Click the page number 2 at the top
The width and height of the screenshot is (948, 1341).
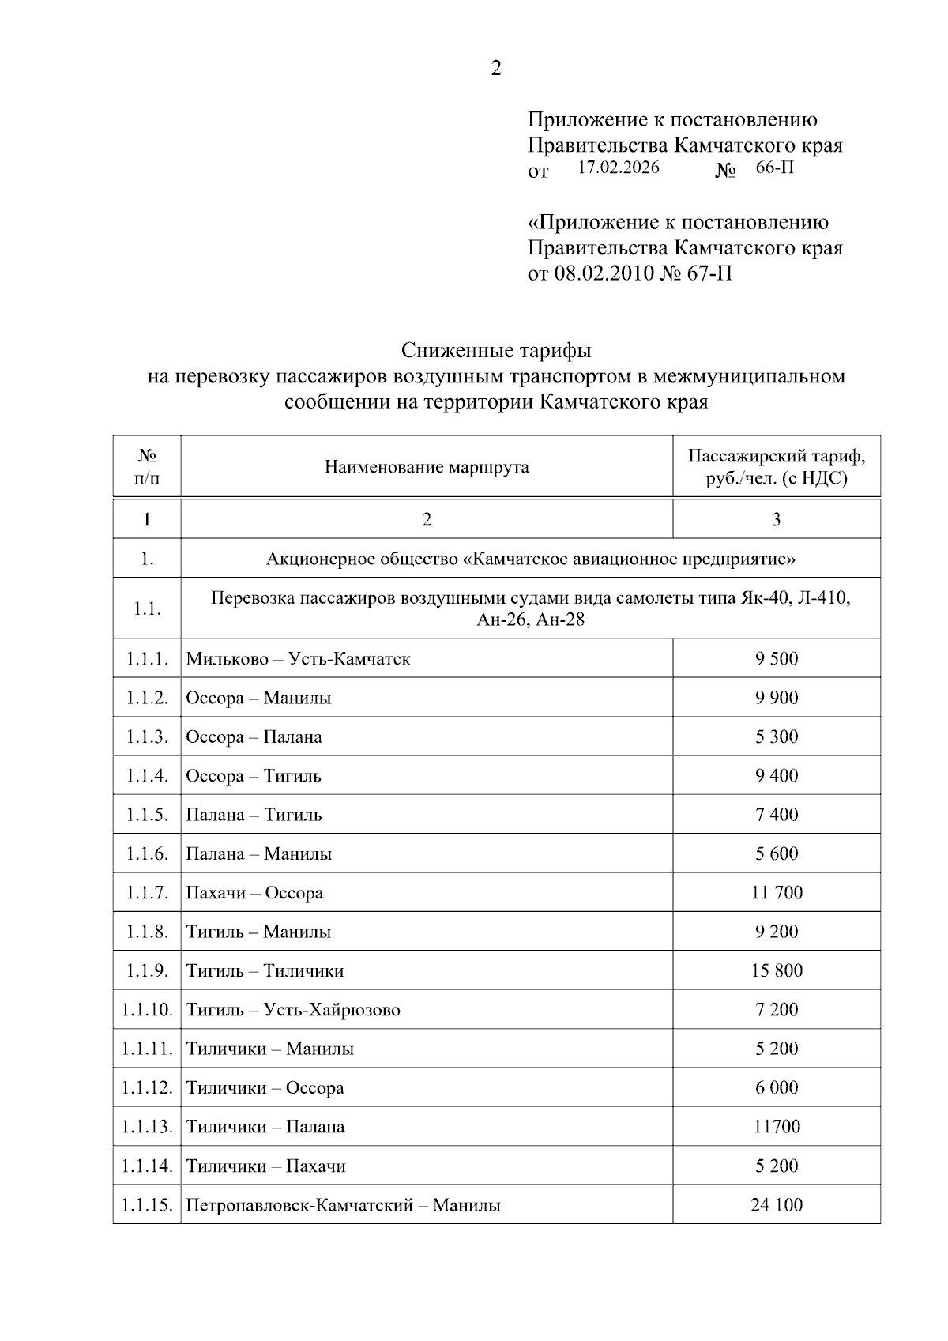click(x=496, y=70)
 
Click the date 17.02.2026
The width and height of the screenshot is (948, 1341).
click(x=619, y=168)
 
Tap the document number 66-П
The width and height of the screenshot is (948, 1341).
click(x=774, y=168)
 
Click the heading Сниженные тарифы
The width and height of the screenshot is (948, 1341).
click(x=495, y=349)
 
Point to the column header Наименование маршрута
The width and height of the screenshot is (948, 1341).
click(x=427, y=467)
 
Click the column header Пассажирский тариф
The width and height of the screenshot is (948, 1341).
click(x=776, y=457)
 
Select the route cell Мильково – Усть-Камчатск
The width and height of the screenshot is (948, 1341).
click(x=299, y=659)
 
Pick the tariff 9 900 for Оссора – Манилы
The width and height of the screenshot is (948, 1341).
click(x=777, y=698)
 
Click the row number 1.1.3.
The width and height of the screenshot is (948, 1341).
click(x=147, y=737)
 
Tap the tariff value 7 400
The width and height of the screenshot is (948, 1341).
click(x=777, y=815)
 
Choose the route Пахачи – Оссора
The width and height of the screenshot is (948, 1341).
click(x=254, y=893)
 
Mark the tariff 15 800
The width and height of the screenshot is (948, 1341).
click(x=777, y=970)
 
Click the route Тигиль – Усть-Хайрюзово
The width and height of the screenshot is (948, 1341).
click(x=293, y=1010)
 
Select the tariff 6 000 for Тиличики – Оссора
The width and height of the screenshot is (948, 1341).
click(x=777, y=1087)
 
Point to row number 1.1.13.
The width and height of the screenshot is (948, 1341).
click(x=147, y=1127)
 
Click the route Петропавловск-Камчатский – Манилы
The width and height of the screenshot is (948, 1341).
click(x=343, y=1206)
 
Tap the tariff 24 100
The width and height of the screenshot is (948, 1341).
click(x=777, y=1205)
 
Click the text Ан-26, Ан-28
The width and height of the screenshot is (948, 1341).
click(x=531, y=620)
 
